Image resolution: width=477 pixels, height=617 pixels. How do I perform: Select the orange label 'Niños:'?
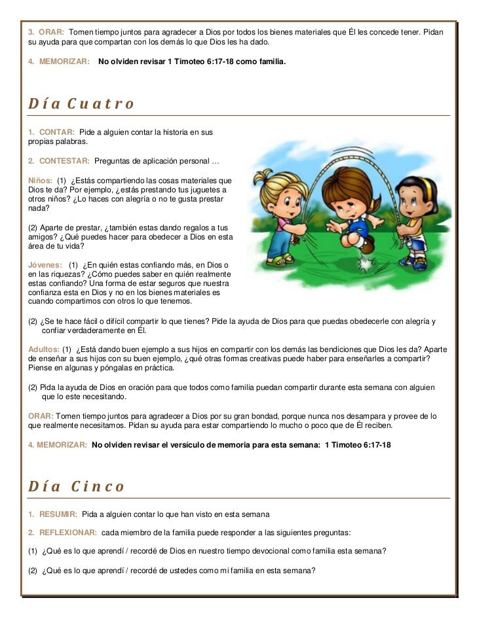coord(40,180)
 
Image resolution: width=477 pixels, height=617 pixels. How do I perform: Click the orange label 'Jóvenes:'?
coord(45,264)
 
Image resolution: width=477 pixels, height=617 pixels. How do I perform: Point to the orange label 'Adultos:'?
coord(44,349)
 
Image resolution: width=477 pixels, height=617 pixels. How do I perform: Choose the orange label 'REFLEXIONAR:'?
coord(68,532)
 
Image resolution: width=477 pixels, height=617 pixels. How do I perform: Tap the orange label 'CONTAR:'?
coord(56,132)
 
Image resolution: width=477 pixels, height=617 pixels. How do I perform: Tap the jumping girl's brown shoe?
coord(368,245)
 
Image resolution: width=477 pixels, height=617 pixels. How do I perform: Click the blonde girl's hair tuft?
coord(265,177)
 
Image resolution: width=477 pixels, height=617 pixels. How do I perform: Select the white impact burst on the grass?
coord(364,265)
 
